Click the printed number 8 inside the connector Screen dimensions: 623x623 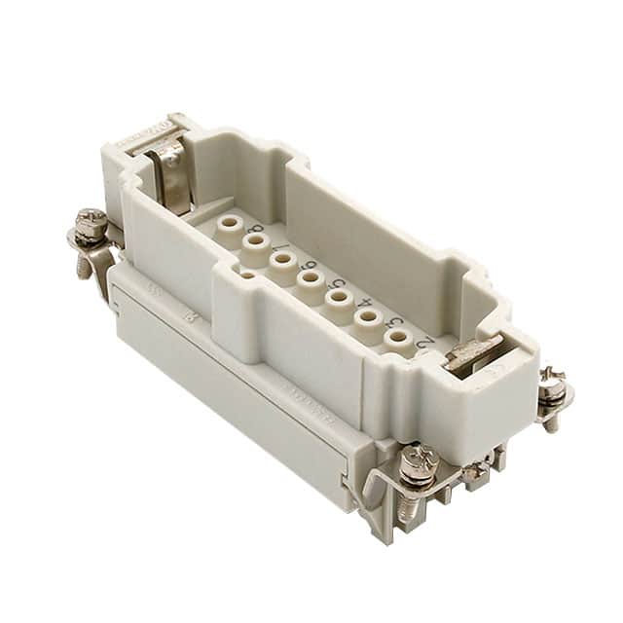click(x=256, y=237)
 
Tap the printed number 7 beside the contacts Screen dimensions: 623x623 click(x=288, y=255)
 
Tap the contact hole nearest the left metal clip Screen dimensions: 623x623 click(x=229, y=223)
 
